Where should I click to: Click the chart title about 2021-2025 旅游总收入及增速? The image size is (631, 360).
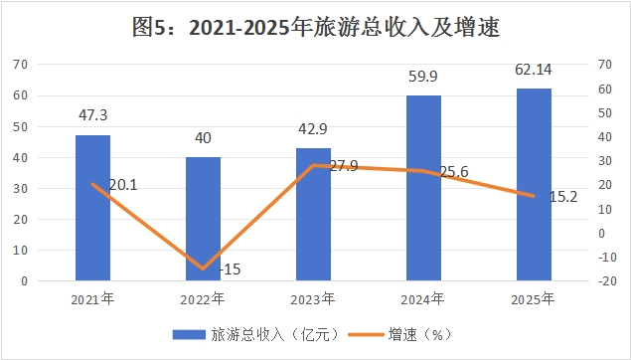pyautogui.click(x=316, y=28)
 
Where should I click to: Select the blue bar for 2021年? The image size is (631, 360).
pyautogui.click(x=93, y=208)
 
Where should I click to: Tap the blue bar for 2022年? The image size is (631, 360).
pyautogui.click(x=204, y=219)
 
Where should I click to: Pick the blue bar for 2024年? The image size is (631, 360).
pyautogui.click(x=423, y=188)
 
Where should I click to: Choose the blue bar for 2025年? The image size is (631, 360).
pyautogui.click(x=534, y=184)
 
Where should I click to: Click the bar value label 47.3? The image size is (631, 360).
pyautogui.click(x=93, y=115)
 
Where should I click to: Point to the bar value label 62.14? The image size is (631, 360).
pyautogui.click(x=534, y=70)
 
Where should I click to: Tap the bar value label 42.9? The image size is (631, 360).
pyautogui.click(x=313, y=129)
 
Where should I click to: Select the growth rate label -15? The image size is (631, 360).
pyautogui.click(x=230, y=269)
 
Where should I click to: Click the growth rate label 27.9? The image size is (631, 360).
pyautogui.click(x=344, y=165)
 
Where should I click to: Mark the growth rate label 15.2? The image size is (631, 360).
pyautogui.click(x=563, y=197)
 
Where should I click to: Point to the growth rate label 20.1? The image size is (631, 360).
pyautogui.click(x=123, y=185)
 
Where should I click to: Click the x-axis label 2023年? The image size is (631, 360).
pyautogui.click(x=313, y=299)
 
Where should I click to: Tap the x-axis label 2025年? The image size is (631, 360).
pyautogui.click(x=533, y=299)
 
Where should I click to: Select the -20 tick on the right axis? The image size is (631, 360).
pyautogui.click(x=607, y=281)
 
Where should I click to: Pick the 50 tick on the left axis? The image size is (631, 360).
pyautogui.click(x=21, y=126)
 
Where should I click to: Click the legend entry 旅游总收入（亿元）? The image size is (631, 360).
pyautogui.click(x=256, y=334)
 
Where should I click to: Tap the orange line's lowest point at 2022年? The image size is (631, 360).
pyautogui.click(x=204, y=269)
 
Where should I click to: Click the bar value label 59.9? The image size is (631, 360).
pyautogui.click(x=423, y=77)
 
